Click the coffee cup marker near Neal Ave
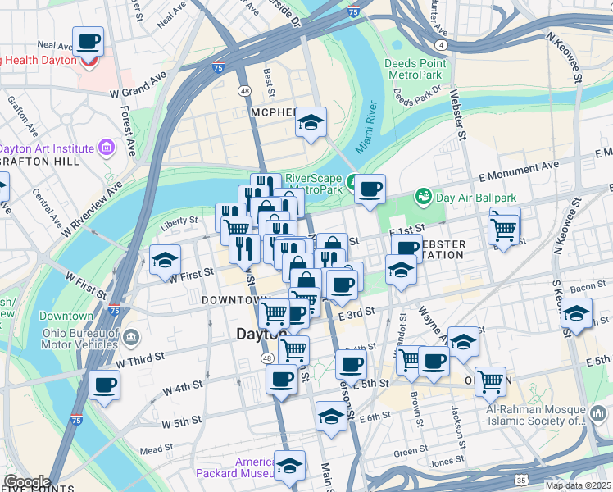89,41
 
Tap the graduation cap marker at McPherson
311,124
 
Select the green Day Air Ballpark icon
423,196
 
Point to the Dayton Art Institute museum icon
106,148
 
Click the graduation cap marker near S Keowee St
576,313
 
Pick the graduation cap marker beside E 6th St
331,417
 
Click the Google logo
27,483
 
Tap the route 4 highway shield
442,44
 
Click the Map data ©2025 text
578,485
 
